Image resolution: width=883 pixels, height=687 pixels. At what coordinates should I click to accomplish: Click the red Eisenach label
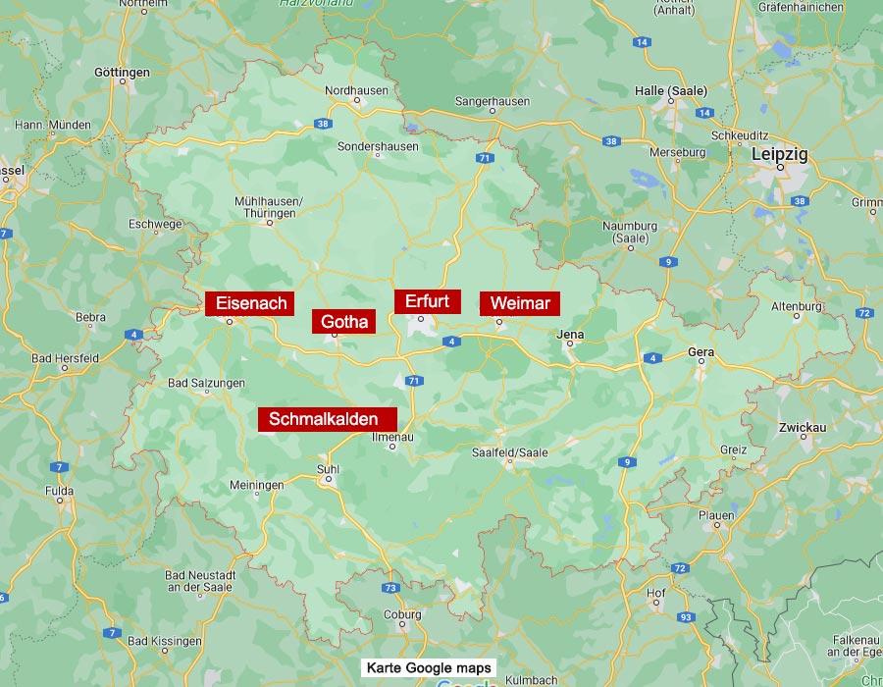[x=251, y=303]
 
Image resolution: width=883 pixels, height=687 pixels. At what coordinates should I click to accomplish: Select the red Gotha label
[x=344, y=321]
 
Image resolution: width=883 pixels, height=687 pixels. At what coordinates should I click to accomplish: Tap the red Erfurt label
[x=427, y=301]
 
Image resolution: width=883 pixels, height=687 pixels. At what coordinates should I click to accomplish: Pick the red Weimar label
[x=520, y=303]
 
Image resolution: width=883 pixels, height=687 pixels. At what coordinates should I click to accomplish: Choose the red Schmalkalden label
[x=327, y=419]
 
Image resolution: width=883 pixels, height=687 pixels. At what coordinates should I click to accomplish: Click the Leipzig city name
[x=780, y=154]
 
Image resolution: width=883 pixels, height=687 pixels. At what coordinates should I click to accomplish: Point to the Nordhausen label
[x=357, y=90]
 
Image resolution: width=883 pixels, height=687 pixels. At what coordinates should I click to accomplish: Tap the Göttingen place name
[x=122, y=73]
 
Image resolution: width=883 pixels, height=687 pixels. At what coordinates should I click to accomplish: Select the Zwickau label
[x=803, y=427]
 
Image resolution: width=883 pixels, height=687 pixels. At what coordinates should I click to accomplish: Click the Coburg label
[x=402, y=615]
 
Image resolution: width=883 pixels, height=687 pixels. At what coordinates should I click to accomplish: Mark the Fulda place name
[x=59, y=490]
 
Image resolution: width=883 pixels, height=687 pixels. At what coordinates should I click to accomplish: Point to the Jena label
[x=570, y=335]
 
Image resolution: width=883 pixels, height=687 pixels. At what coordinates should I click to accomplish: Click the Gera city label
[x=701, y=351]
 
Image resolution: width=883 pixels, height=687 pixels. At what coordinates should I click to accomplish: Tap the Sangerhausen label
[x=493, y=101]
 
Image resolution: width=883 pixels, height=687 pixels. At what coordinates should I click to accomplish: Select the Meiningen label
[x=256, y=485]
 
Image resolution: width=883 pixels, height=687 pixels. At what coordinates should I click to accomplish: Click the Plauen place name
[x=716, y=515]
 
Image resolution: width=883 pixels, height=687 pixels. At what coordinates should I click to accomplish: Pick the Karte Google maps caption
[x=429, y=668]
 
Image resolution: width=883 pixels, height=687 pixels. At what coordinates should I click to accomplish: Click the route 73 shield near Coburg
[x=391, y=588]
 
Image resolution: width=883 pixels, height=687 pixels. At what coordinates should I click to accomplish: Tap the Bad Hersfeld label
[x=65, y=358]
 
